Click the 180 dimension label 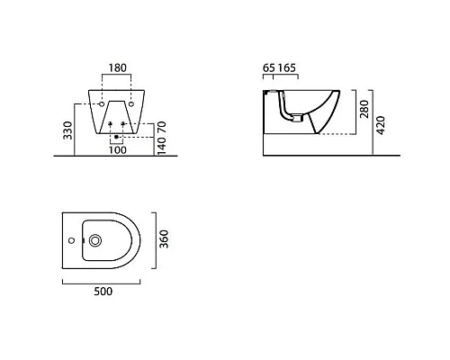point(117,68)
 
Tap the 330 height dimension point(68,130)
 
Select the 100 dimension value point(117,150)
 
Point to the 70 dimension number point(161,127)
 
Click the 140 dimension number point(161,146)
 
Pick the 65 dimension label point(269,68)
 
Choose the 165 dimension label point(286,68)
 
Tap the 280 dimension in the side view point(364,109)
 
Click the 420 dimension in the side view point(381,125)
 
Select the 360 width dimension point(164,239)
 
